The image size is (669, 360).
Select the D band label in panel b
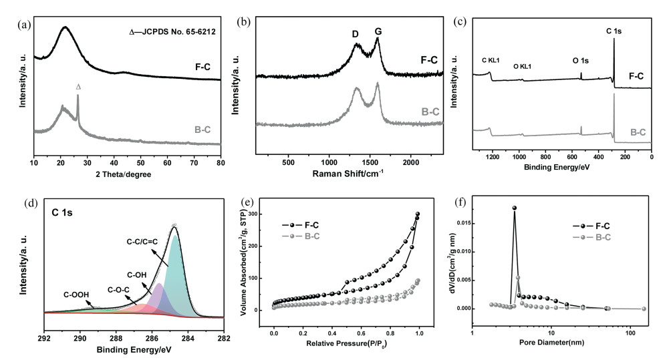(x=356, y=33)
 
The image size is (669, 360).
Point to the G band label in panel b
(x=378, y=32)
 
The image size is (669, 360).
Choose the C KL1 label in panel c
(x=493, y=61)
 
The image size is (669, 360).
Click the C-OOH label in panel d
(x=77, y=295)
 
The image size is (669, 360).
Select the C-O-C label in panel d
(x=120, y=290)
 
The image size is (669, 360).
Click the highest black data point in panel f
(x=515, y=208)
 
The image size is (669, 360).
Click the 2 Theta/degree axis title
(x=127, y=174)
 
